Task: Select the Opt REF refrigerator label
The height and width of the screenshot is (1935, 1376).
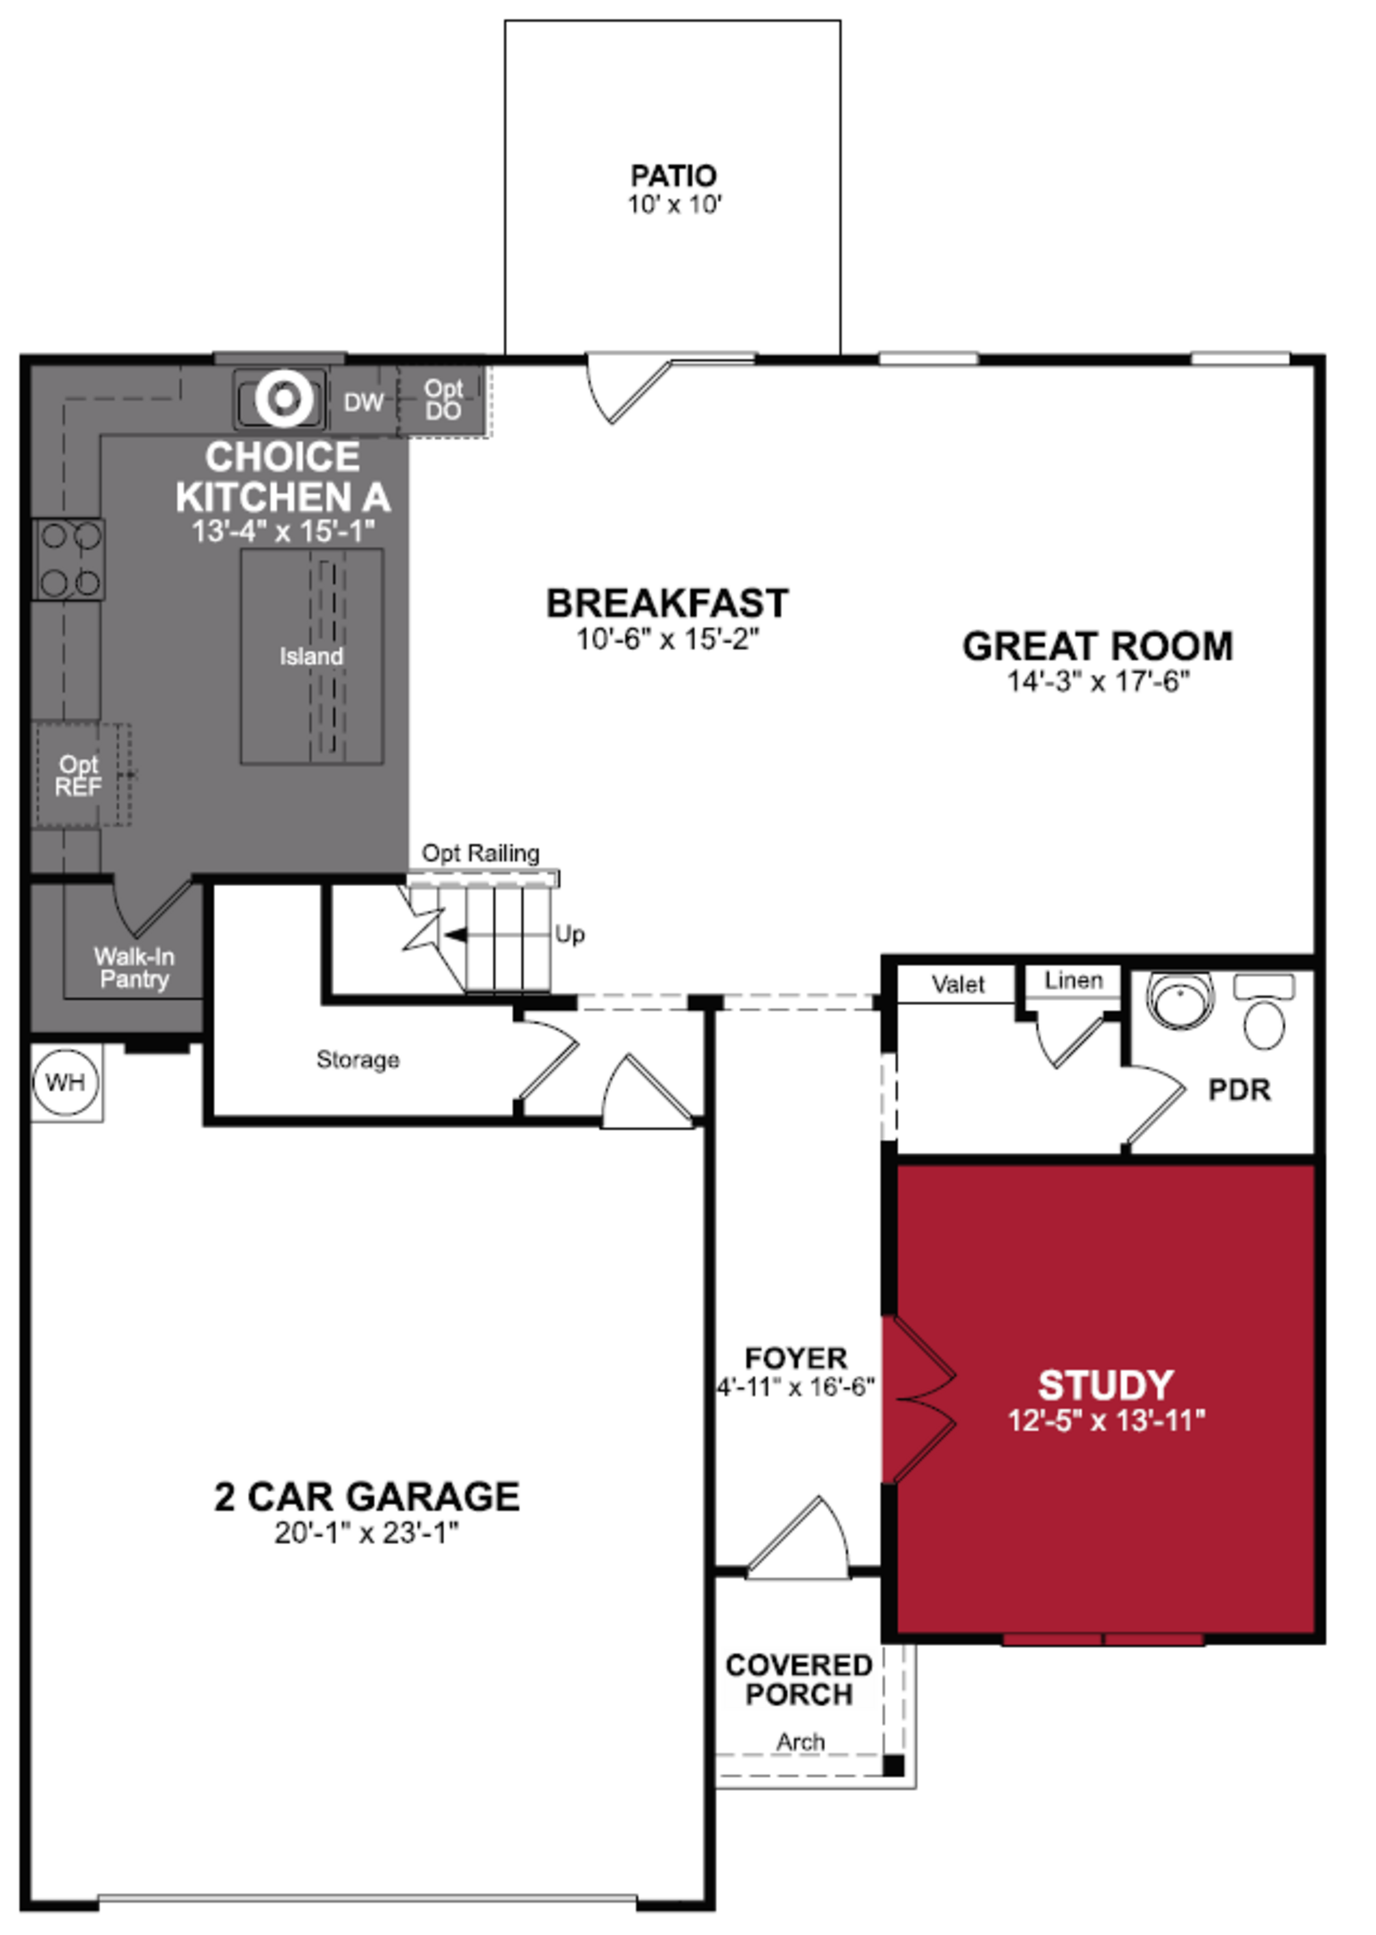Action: [78, 776]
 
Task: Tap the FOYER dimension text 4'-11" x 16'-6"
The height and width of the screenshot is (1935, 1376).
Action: [795, 1388]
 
